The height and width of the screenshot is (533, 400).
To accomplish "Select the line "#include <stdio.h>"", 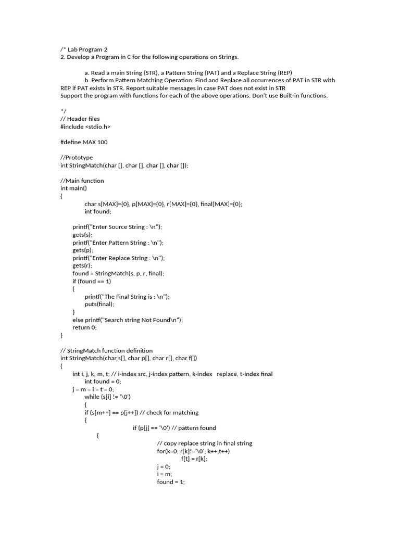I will point(85,126).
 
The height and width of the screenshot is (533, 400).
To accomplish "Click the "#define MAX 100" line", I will point(84,142).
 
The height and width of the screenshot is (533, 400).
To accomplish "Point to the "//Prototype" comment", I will point(77,157).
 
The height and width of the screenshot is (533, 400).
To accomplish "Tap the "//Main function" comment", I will point(82,181).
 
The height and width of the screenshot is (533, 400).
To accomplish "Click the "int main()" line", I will point(74,188).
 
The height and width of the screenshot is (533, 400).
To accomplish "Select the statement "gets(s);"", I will point(83,235).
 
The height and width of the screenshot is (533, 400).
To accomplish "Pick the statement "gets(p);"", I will point(83,250).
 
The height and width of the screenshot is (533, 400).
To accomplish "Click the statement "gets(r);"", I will point(83,265).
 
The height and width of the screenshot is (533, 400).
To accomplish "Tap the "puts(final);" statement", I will point(99,304).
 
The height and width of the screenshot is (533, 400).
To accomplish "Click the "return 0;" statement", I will point(85,327).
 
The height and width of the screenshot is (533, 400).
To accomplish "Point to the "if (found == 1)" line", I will point(92,281).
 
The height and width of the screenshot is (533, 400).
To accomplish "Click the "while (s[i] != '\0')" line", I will point(111,397).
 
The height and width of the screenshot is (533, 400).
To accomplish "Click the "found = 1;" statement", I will point(171,482).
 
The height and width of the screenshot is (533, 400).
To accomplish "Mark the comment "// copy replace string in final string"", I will point(205,443).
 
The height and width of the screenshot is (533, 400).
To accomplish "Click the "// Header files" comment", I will point(80,119).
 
